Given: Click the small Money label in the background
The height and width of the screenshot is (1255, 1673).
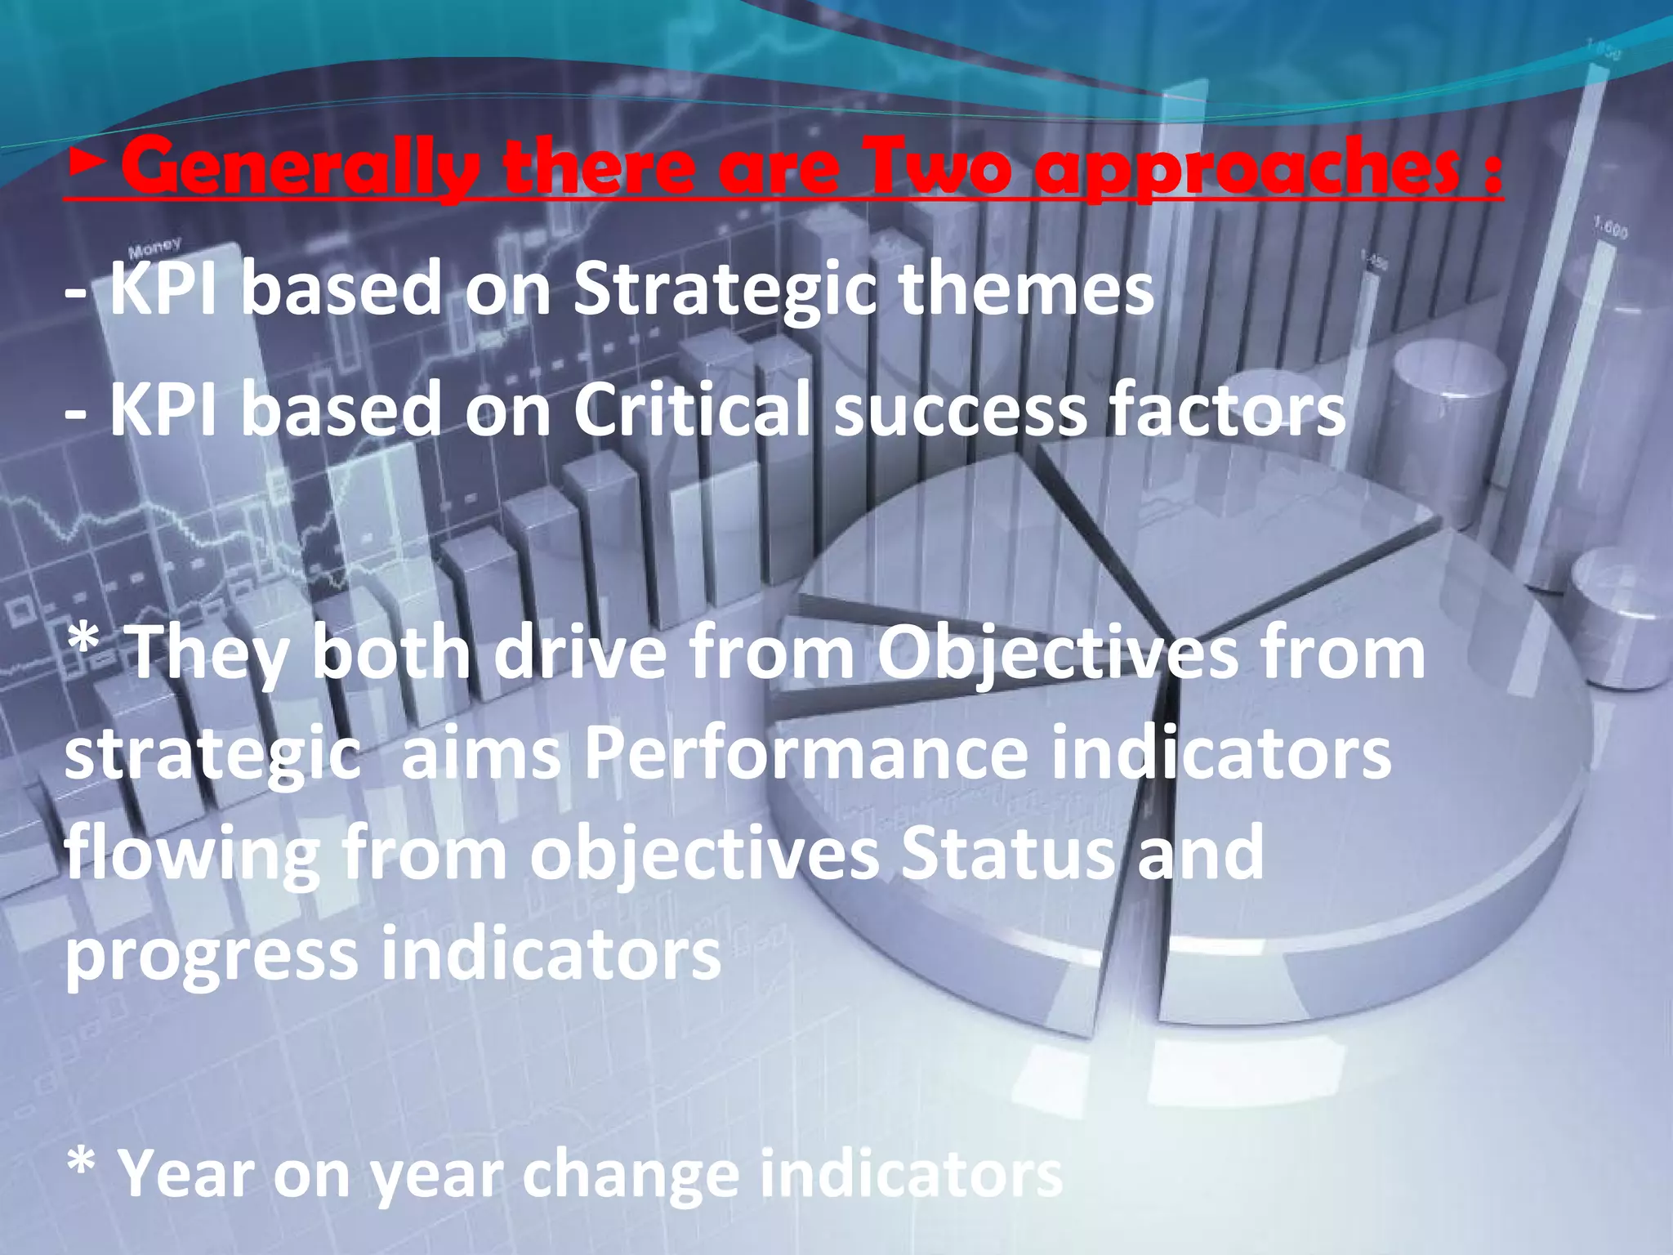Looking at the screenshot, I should click(154, 246).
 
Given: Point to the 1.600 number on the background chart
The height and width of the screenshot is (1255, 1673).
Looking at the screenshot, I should click(1610, 228).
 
